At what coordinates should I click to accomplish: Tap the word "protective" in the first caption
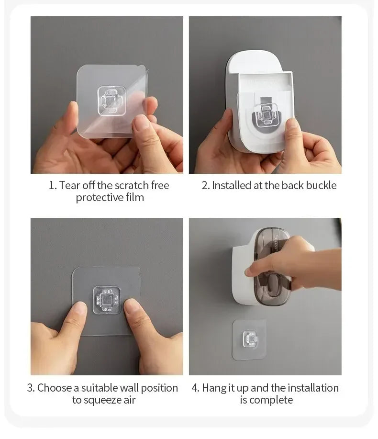(x=99, y=198)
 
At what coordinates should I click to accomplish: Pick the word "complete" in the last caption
(x=273, y=400)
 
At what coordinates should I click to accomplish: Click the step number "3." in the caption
(x=31, y=388)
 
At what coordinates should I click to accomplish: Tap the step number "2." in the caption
(x=205, y=185)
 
